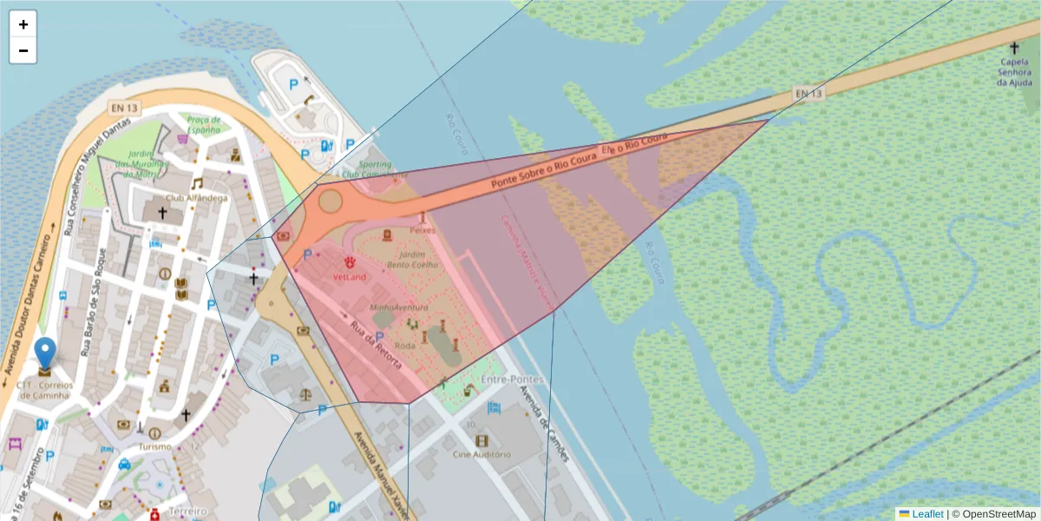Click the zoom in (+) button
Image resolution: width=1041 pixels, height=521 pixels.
tap(23, 24)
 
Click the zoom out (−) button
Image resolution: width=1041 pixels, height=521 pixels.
tap(23, 50)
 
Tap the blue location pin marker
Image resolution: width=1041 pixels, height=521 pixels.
tap(45, 354)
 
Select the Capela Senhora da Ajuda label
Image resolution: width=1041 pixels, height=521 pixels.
tap(1013, 72)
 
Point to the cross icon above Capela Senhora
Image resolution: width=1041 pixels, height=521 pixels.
tap(1014, 49)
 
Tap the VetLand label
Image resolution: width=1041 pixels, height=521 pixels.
tap(350, 277)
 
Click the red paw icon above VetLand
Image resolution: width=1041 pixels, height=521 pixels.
tap(350, 261)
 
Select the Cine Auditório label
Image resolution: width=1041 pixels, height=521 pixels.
tap(481, 454)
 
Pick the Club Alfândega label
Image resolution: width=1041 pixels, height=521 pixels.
tap(197, 198)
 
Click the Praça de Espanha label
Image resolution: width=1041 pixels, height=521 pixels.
tap(204, 124)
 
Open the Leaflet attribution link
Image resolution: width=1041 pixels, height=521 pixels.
tap(927, 514)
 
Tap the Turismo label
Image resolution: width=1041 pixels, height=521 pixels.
tap(154, 446)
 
